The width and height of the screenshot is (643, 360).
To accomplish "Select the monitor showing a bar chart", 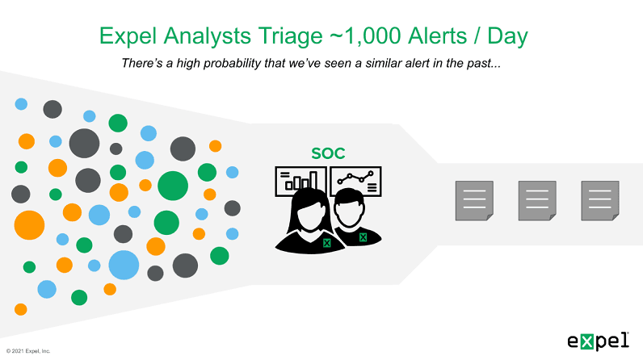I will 299,181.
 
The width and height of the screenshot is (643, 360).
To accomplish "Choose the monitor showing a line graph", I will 356,180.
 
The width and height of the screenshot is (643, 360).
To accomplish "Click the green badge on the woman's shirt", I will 326,243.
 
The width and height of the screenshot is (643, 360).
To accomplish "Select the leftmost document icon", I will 473,200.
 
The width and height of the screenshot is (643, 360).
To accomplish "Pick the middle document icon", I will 536,200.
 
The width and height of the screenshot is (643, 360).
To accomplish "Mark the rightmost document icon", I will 599,200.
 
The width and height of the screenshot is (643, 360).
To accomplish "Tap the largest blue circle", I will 124,265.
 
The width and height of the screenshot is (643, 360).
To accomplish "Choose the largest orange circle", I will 29,224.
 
